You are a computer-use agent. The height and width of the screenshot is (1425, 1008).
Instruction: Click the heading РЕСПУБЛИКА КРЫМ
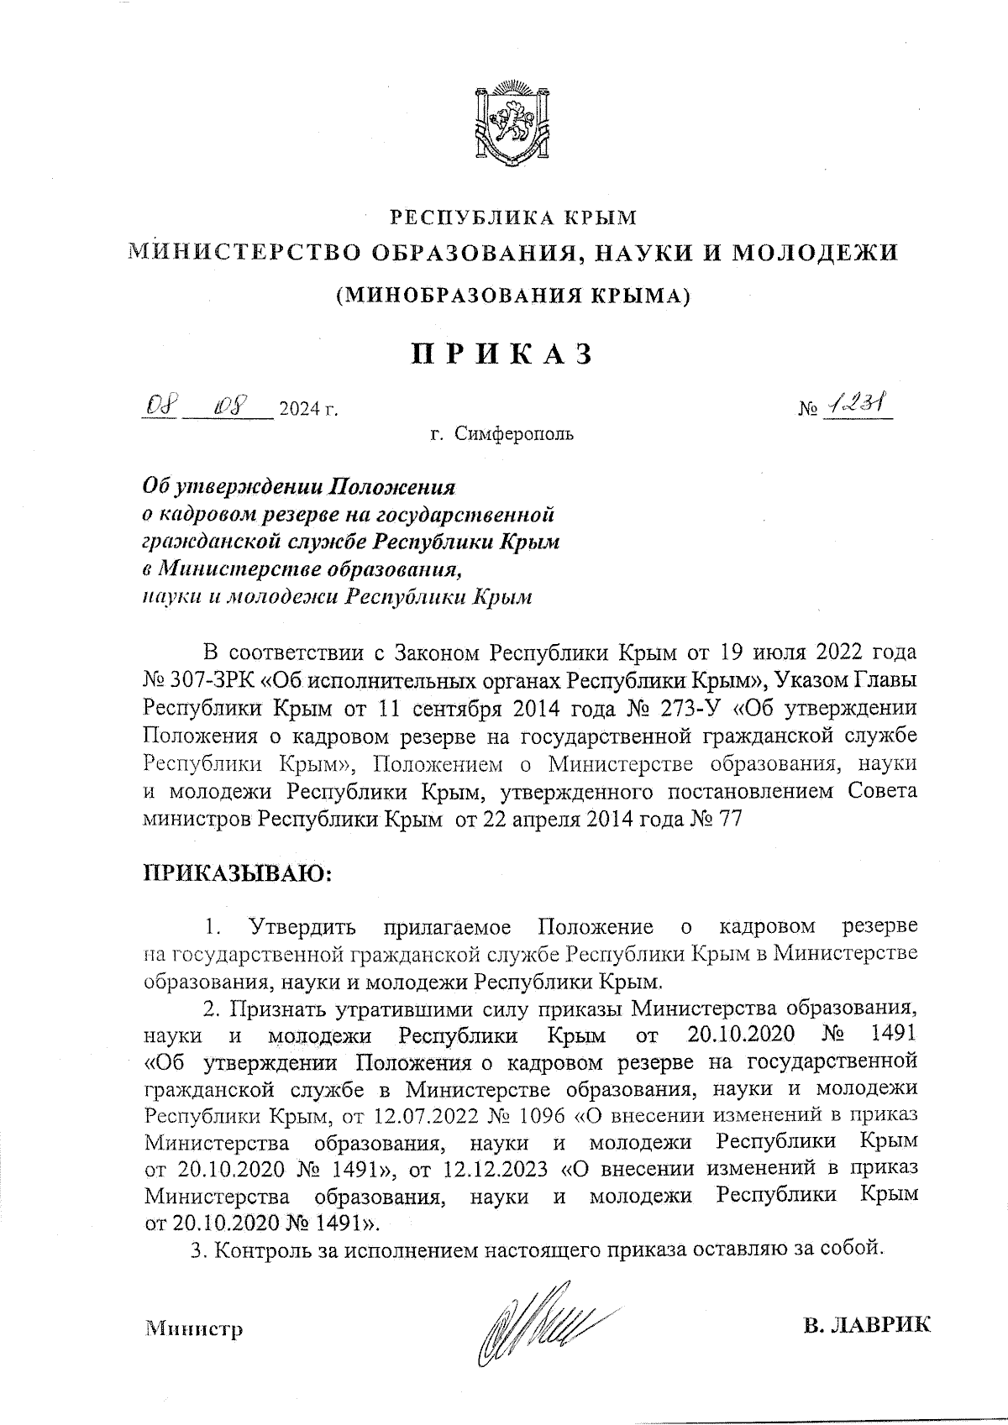513,218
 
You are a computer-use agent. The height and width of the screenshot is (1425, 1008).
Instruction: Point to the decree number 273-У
690,708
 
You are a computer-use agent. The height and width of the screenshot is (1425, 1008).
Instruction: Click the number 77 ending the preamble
727,820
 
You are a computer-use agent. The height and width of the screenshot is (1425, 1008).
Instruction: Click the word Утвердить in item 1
302,927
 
